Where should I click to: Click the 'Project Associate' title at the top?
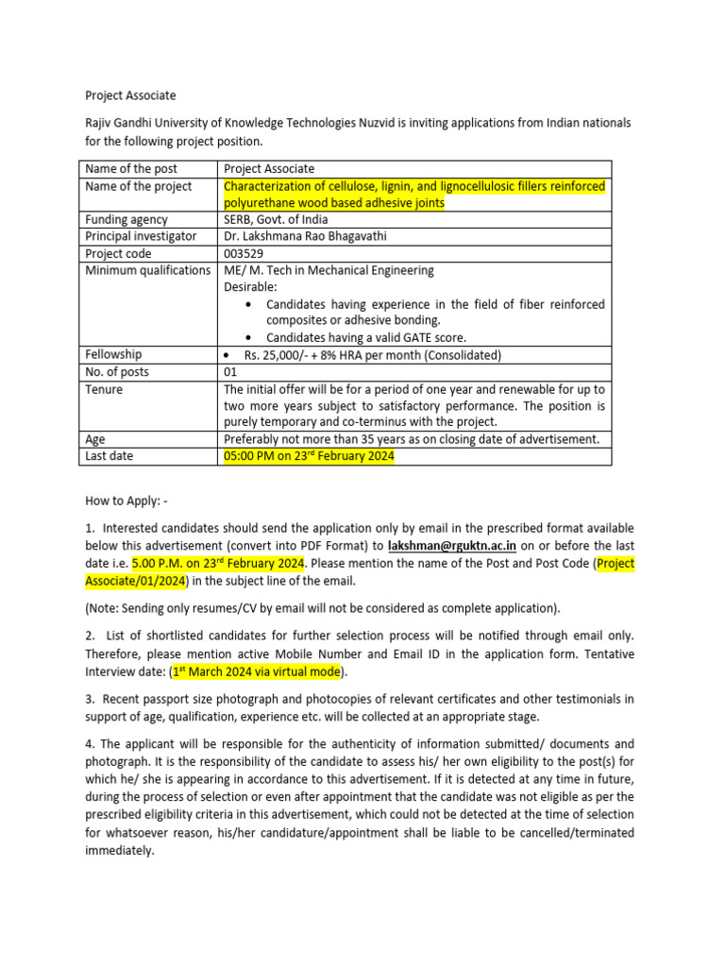[x=130, y=95]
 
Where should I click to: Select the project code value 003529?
[x=243, y=253]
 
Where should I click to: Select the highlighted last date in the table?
[x=308, y=456]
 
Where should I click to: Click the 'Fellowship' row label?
[x=113, y=355]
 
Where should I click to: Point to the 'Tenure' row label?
[x=104, y=389]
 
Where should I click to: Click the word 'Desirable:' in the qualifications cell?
[x=250, y=287]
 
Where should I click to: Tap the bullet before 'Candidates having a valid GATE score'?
[x=248, y=338]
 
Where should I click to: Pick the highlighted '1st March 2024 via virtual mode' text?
[x=258, y=672]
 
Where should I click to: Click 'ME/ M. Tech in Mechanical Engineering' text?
[x=329, y=270]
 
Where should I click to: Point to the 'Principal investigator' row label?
[x=141, y=236]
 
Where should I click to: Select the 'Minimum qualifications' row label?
[x=147, y=270]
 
